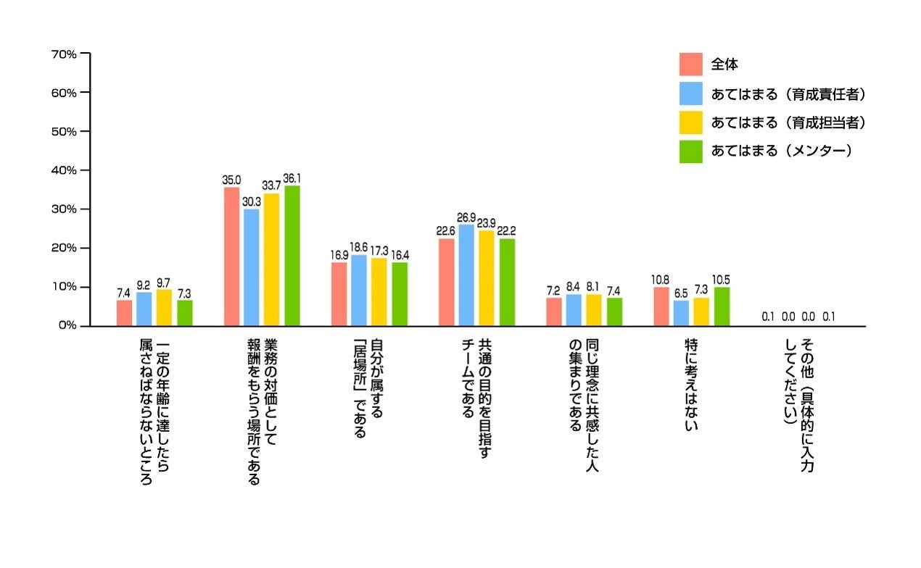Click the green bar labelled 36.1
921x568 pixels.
tap(292, 256)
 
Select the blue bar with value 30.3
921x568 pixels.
tap(252, 267)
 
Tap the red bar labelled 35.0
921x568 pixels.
tap(231, 256)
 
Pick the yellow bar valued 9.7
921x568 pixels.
tap(165, 308)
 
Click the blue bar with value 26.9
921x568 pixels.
tap(466, 275)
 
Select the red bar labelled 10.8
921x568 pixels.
tap(661, 306)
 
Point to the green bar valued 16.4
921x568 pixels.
tap(400, 294)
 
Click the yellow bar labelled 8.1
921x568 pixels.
tap(594, 310)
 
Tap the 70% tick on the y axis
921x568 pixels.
tap(65, 54)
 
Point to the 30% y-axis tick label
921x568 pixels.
tap(65, 209)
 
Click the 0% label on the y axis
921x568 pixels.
tap(67, 326)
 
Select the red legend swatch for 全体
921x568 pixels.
tap(690, 64)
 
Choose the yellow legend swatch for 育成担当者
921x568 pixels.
tap(690, 122)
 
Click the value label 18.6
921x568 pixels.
tap(358, 247)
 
